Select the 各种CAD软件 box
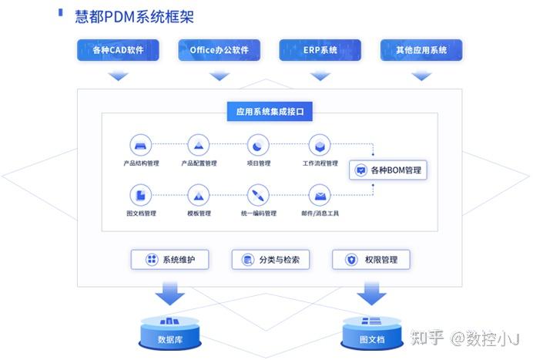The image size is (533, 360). [x=118, y=51]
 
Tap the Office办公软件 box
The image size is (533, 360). [x=220, y=51]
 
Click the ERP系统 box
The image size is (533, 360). [x=320, y=51]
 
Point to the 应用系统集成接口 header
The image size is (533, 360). [x=269, y=112]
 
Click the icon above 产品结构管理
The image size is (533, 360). [x=140, y=145]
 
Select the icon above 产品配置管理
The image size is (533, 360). [x=199, y=145]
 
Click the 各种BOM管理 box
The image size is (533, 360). [x=388, y=170]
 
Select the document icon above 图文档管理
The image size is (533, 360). [x=140, y=194]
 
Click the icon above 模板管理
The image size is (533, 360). [x=199, y=194]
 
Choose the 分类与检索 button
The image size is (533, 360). [x=270, y=260]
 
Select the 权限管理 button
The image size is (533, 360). [x=370, y=260]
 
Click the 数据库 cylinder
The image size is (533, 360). [x=170, y=330]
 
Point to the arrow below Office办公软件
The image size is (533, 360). [x=220, y=76]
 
